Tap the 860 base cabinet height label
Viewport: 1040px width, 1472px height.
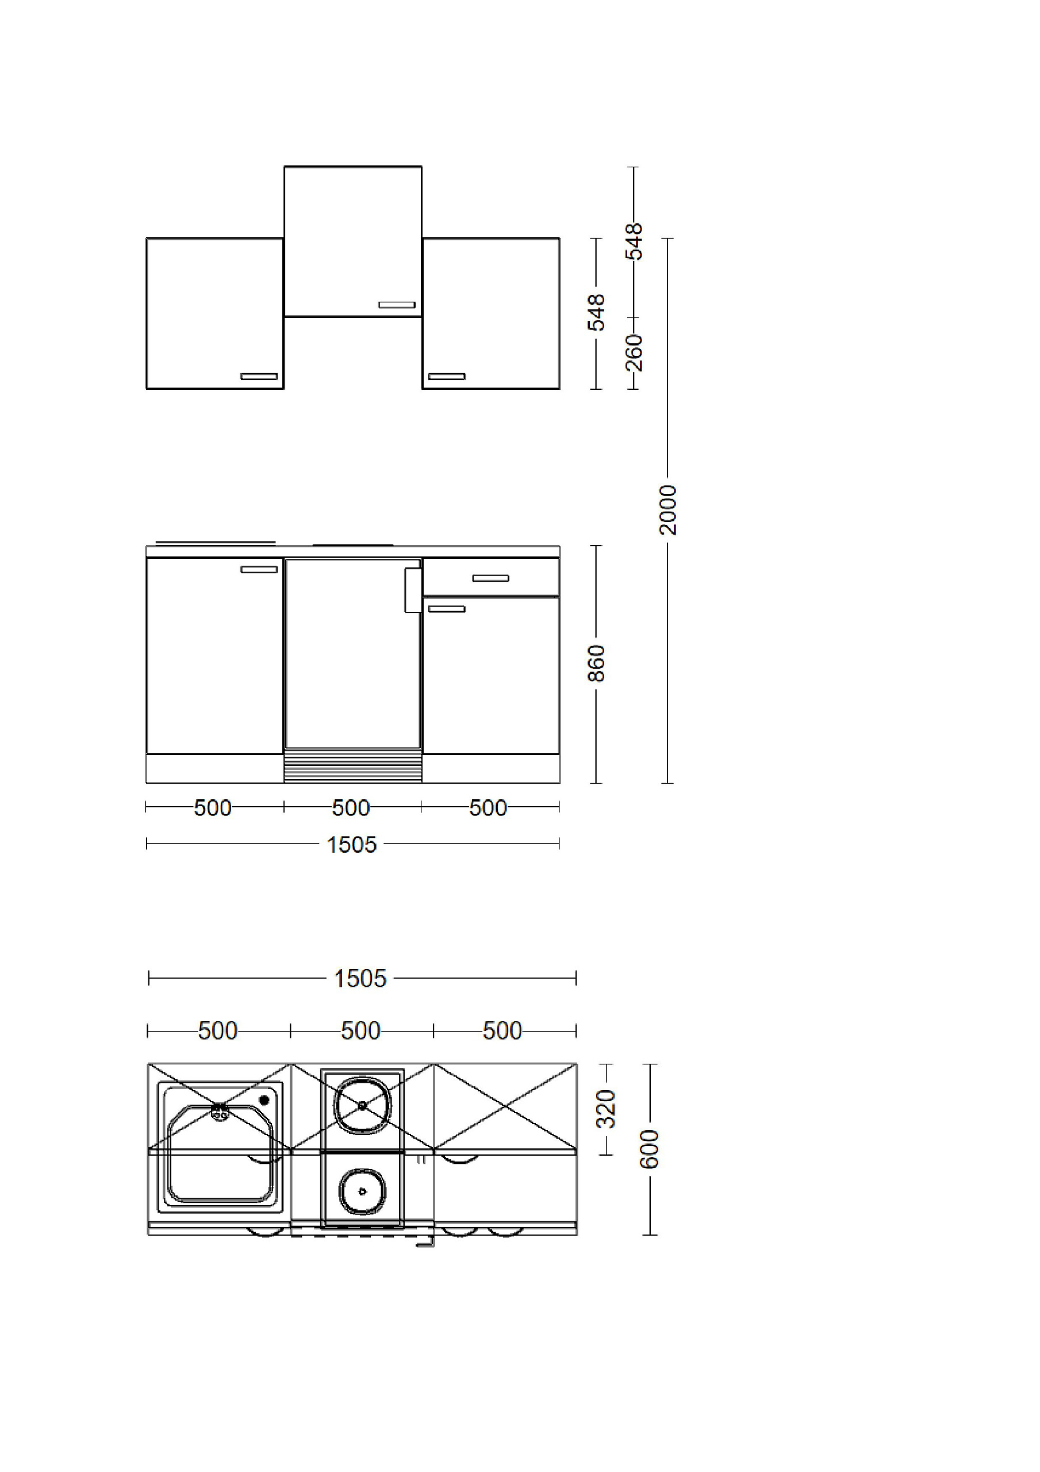596,664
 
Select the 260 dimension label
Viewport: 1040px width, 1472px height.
634,352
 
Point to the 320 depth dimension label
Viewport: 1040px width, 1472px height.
606,1109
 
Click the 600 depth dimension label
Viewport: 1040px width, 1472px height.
650,1149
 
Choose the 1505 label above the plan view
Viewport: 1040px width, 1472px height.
360,979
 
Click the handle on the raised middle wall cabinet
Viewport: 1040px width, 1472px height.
397,305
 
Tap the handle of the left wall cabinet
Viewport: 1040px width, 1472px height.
259,376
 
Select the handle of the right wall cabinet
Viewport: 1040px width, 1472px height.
447,376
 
